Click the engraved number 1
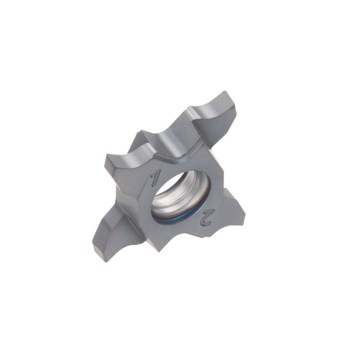155,178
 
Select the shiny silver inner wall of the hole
196,190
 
